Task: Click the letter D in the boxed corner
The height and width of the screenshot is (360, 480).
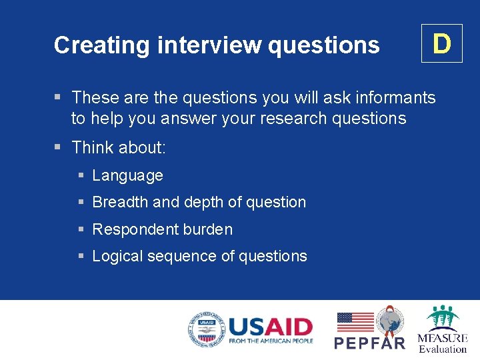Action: point(441,44)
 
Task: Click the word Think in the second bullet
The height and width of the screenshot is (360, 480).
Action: point(93,147)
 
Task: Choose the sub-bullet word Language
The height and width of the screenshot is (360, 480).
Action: point(127,175)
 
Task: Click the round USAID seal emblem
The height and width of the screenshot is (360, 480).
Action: point(206,330)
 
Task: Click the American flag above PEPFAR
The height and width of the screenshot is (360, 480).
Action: point(355,322)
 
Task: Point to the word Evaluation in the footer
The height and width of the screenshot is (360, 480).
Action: point(443,349)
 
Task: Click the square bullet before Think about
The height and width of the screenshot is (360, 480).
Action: point(59,147)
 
